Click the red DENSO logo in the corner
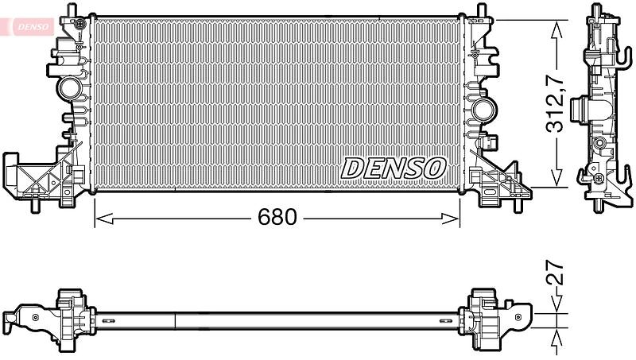click(x=27, y=27)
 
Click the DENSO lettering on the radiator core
click(x=394, y=168)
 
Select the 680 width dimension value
click(x=277, y=217)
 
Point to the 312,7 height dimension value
click(x=555, y=105)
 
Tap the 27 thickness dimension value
click(x=555, y=272)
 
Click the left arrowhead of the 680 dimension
click(x=104, y=219)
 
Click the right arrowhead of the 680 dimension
click(x=451, y=219)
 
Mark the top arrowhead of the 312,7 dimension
click(x=556, y=29)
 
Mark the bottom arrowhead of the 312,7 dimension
click(x=556, y=178)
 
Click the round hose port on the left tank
click(x=69, y=88)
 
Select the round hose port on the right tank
click(x=484, y=109)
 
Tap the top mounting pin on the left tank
click(x=72, y=10)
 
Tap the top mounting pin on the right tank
click(x=482, y=10)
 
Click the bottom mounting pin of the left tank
click(x=35, y=205)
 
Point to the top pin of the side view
click(x=595, y=10)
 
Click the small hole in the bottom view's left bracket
click(x=36, y=317)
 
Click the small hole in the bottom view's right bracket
click(x=518, y=317)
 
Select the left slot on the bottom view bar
click(x=109, y=321)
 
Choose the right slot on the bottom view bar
click(x=446, y=321)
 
